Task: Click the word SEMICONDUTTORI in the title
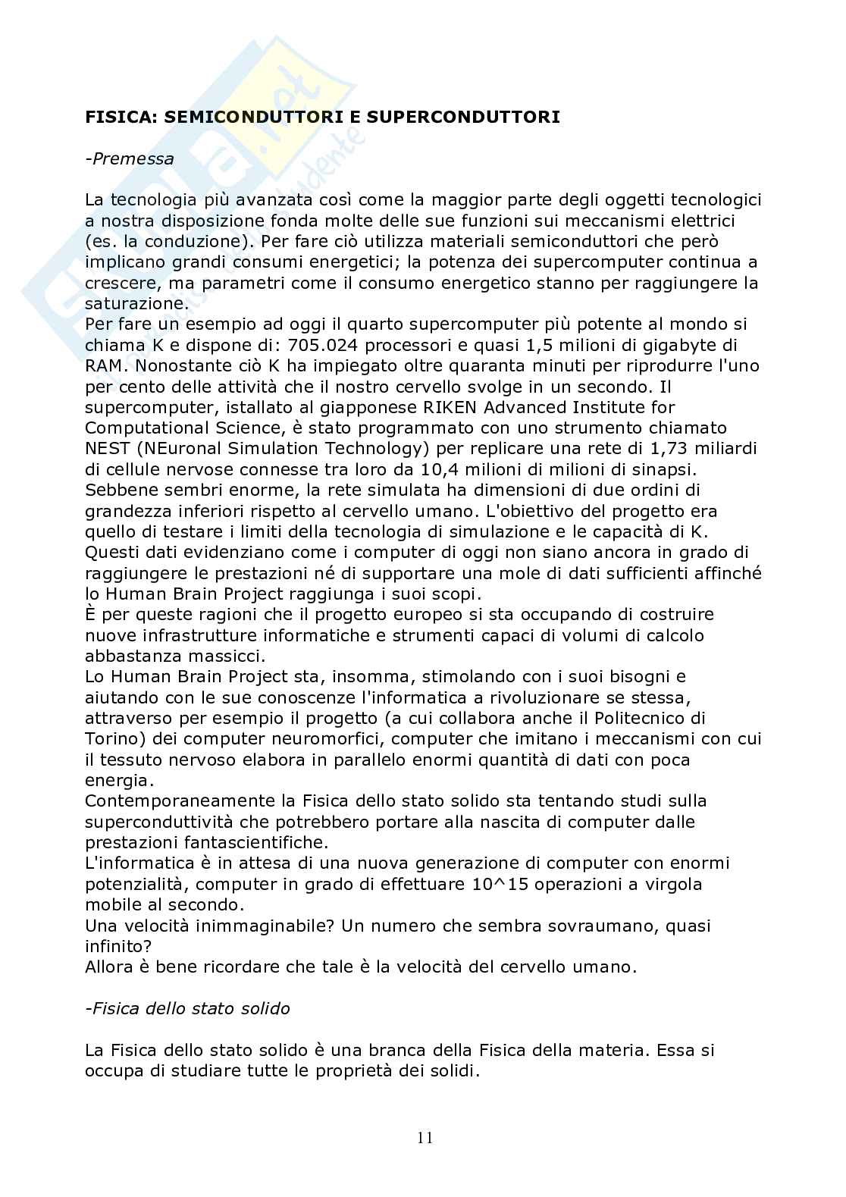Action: [227, 118]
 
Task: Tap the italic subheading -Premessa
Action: [130, 159]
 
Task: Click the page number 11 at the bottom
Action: [425, 1137]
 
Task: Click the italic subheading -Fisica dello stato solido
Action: [187, 1009]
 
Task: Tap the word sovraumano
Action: [583, 926]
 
